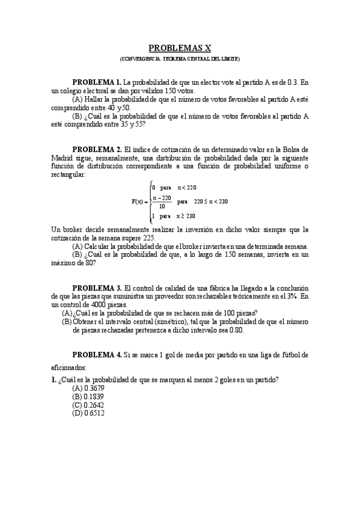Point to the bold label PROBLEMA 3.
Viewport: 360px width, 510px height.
(97, 288)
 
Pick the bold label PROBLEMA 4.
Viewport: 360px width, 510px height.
(97, 355)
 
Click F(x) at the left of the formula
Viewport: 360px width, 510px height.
(138, 201)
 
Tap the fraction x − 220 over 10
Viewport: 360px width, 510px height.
(162, 201)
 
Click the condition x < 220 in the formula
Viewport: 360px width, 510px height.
(187, 188)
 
